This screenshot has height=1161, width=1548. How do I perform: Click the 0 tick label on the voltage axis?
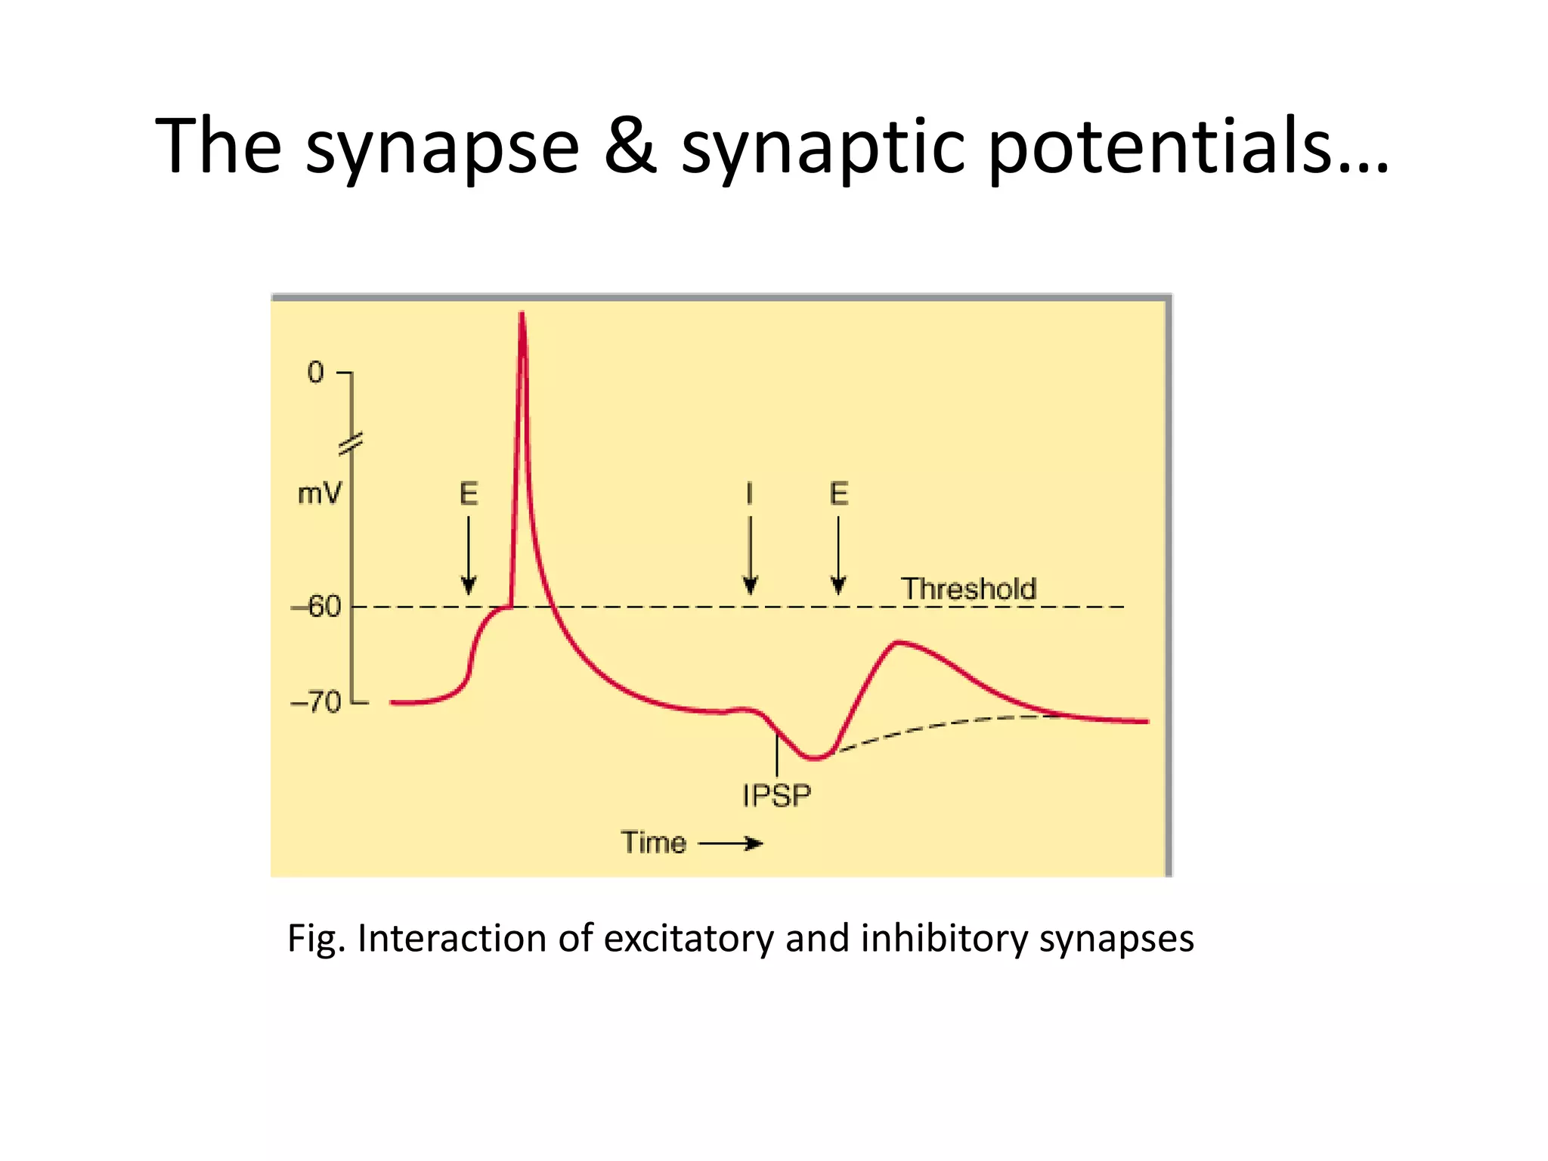[x=316, y=373]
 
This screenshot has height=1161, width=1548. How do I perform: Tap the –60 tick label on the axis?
[x=317, y=606]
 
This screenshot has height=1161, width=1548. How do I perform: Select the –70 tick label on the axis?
[x=317, y=703]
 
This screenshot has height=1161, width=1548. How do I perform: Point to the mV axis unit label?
[x=320, y=494]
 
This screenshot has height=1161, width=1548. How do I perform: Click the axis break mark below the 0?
[x=351, y=444]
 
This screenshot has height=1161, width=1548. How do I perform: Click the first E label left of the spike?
[x=469, y=494]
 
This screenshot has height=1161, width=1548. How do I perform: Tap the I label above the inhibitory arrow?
[x=749, y=494]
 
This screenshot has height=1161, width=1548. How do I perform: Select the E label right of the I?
[x=839, y=494]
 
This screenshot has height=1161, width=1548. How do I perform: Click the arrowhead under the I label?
[x=750, y=585]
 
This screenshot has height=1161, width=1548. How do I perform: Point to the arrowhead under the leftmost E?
[x=469, y=585]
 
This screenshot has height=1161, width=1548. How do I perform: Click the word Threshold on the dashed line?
[x=968, y=589]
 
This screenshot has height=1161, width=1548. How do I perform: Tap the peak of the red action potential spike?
[x=522, y=316]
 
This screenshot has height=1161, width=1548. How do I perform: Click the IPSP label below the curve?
[x=776, y=796]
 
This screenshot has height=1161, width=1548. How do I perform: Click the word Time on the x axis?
[x=654, y=843]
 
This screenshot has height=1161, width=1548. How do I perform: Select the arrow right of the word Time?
[x=731, y=844]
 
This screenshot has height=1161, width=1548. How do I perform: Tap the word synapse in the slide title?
[x=442, y=147]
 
